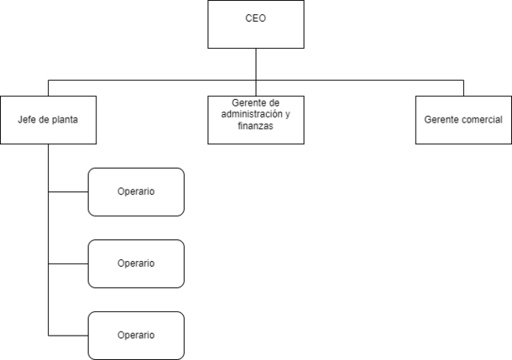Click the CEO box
256,24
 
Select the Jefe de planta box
49,120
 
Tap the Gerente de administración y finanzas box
256,120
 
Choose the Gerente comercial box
463,120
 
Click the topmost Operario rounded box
136,192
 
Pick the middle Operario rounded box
136,263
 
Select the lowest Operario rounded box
136,336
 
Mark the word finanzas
255,126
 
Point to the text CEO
256,18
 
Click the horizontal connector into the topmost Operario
68,192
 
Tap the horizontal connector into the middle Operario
68,263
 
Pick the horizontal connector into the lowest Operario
68,336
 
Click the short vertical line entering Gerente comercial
463,88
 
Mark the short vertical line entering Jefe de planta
49,88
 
